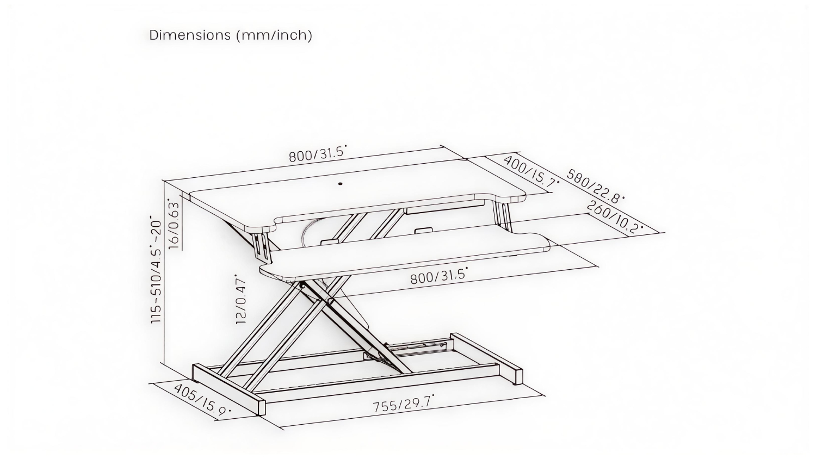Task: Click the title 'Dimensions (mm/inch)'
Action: (231, 35)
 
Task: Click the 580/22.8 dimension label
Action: (595, 186)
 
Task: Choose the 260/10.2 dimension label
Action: (614, 217)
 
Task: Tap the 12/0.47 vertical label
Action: (241, 300)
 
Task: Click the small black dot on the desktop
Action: (341, 184)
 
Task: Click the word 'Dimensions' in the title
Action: (190, 35)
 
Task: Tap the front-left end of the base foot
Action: (262, 407)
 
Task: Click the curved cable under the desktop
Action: (306, 231)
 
